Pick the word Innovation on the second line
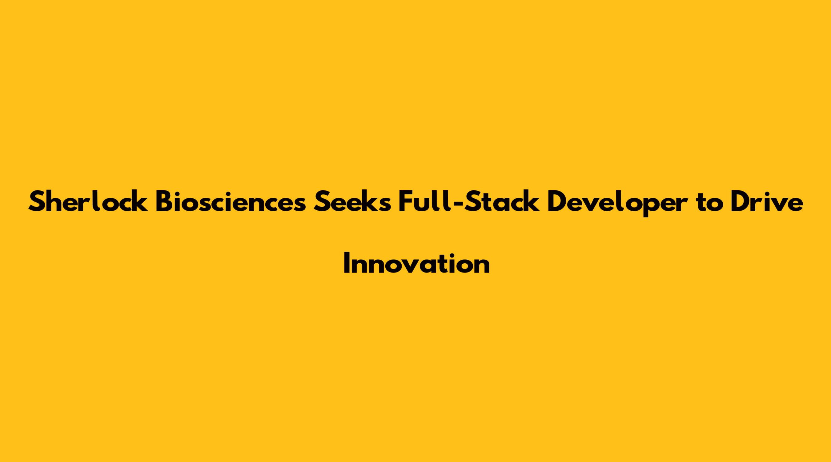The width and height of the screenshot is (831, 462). [416, 263]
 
